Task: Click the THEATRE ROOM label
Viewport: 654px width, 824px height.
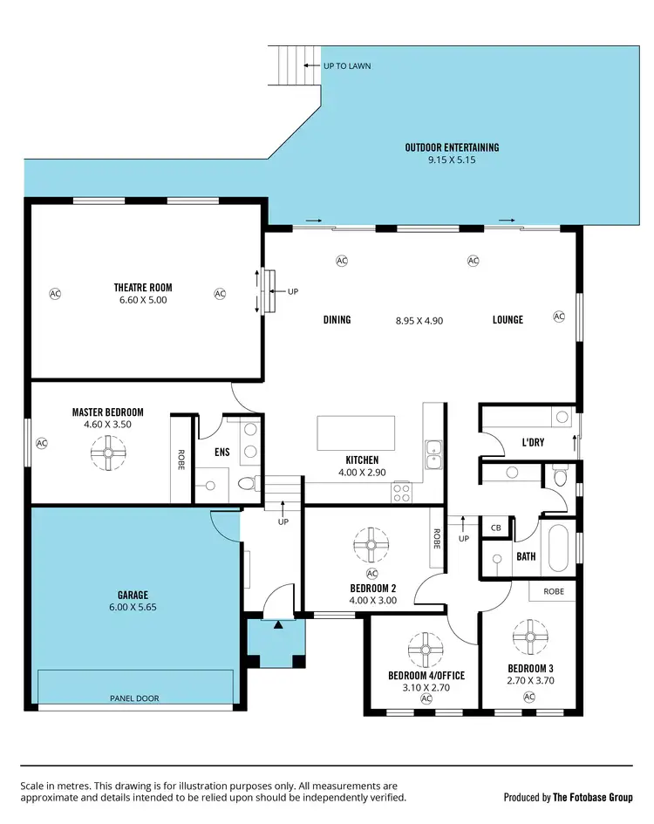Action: [x=143, y=287]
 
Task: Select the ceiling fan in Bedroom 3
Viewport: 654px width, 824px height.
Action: [x=529, y=637]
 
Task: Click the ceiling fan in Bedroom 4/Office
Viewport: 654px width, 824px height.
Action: [x=426, y=650]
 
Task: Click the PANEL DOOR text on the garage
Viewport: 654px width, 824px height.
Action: [x=134, y=698]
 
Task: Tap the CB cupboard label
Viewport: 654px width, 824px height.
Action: [x=496, y=528]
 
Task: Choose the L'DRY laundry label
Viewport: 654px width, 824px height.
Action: [x=532, y=442]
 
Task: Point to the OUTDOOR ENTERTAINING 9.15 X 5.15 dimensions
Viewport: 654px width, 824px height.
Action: [x=452, y=160]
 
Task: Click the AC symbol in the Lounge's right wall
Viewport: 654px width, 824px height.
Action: [x=559, y=317]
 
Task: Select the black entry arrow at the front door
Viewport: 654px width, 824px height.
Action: [x=278, y=624]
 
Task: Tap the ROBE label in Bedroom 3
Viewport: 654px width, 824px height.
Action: [x=554, y=591]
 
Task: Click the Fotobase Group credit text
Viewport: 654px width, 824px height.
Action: [x=568, y=797]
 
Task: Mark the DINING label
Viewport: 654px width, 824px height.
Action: [x=337, y=320]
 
